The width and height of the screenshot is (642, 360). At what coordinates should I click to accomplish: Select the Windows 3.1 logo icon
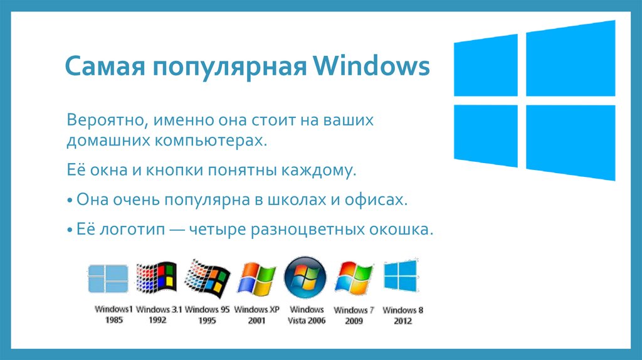click(157, 278)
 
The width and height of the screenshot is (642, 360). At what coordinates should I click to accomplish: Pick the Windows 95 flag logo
click(208, 278)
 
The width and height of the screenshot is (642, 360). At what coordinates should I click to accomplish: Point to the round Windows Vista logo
click(305, 278)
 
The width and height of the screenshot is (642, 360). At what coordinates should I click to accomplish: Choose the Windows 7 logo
click(354, 278)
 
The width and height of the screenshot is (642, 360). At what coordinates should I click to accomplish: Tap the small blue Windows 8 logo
click(401, 275)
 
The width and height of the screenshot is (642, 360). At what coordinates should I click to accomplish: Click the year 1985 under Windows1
click(113, 320)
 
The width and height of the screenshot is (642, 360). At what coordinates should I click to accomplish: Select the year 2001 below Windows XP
click(256, 320)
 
